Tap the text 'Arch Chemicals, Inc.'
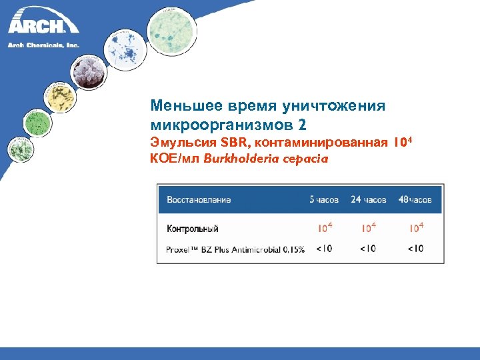point(43,45)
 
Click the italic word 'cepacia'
point(303,159)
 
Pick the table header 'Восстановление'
point(199,199)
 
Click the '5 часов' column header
point(324,199)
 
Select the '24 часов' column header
point(368,199)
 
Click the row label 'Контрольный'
point(193,229)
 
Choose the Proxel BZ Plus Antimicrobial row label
point(235,249)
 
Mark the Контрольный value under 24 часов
point(368,228)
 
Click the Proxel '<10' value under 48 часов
point(415,249)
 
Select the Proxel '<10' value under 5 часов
point(324,249)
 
